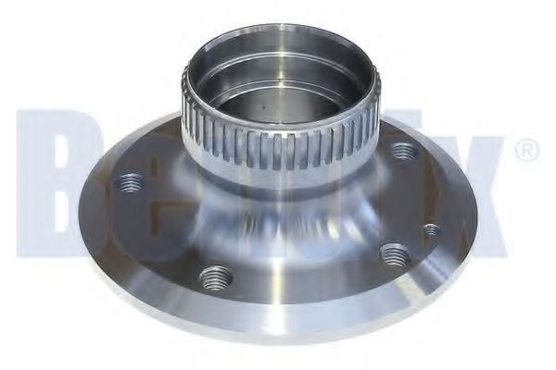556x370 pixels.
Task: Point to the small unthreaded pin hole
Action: [430, 228]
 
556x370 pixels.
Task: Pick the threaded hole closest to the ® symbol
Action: [402, 150]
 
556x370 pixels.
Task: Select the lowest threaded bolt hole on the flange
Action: [216, 276]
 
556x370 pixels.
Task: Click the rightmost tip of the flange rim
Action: [478, 222]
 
